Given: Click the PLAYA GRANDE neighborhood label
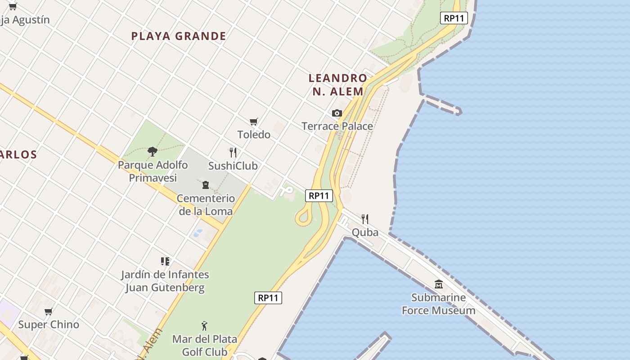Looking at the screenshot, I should coord(179,36).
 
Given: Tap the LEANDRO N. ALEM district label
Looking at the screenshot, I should coord(338,85).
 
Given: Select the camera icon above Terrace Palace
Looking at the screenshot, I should coord(337,113).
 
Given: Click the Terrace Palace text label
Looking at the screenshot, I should coord(337,126).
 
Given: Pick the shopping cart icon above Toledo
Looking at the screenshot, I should coord(254,121).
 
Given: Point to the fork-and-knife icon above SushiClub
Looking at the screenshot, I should coord(233,153).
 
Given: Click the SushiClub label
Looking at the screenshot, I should coord(233,166).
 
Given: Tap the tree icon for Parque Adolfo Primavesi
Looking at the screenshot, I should coord(153,151).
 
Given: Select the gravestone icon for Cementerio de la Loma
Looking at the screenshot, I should coord(206,184).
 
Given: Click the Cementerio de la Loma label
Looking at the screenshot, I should coord(206,205).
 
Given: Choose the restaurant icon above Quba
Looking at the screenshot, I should coord(365,219).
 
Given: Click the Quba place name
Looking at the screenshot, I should coord(365,233).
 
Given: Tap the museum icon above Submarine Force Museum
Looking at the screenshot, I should coord(439,284).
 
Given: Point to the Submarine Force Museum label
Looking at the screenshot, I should coord(439,304).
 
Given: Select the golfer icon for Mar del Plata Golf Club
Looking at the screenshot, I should coord(205,325).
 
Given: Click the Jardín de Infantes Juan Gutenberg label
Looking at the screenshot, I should coord(165,281).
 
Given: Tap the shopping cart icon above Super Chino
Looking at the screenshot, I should coord(49,311).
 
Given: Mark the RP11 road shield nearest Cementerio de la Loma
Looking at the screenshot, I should coord(319,196).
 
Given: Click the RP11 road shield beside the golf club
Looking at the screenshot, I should coord(268,298).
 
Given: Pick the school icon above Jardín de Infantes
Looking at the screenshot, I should coord(165,261).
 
